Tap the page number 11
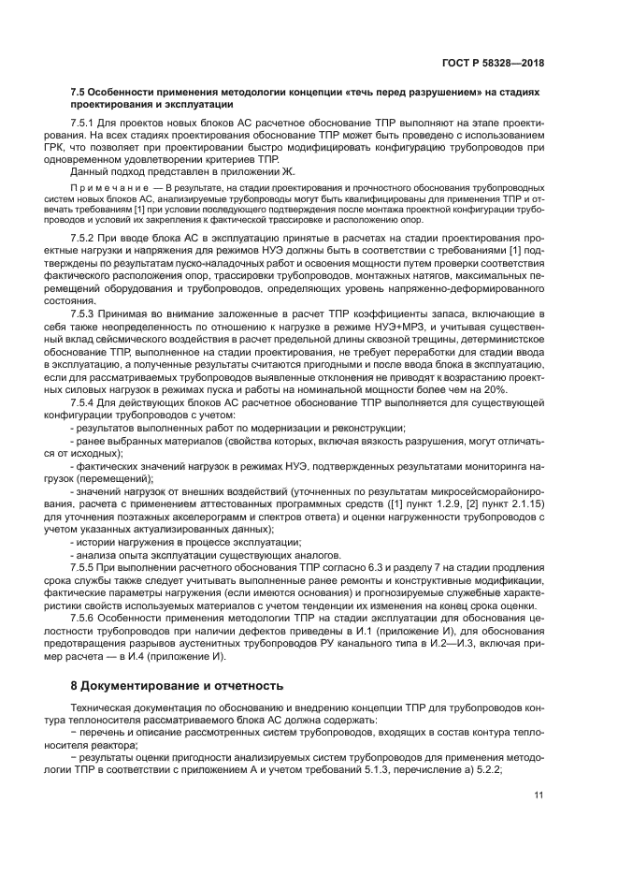point(539,795)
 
